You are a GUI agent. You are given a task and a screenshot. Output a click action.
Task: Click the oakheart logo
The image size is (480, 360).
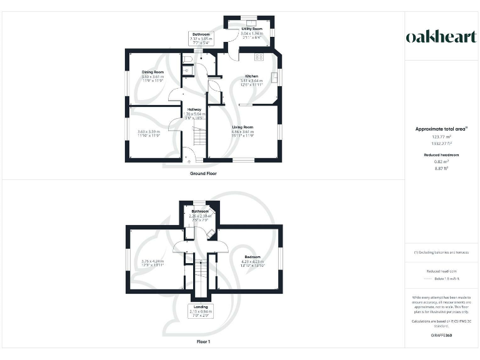point(441,37)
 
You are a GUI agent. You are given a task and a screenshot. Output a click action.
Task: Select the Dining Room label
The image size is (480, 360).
point(152,72)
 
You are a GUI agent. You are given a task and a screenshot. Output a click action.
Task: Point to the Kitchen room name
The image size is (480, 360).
point(251,76)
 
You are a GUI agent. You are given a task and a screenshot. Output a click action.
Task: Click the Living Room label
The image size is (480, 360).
point(242,127)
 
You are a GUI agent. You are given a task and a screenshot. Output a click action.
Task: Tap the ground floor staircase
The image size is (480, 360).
point(198,136)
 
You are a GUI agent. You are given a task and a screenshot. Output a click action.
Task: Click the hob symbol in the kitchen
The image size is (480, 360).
point(259,57)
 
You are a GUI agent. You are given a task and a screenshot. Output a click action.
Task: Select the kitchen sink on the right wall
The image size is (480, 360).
point(274,77)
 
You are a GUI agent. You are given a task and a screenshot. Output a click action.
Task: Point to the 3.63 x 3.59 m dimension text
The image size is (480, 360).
point(149,132)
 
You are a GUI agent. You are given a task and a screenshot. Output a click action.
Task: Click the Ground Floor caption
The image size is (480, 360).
point(203,173)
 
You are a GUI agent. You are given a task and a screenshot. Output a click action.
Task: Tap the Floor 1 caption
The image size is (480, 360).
point(203,342)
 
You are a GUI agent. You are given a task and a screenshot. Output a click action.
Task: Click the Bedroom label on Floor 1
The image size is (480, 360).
point(252,257)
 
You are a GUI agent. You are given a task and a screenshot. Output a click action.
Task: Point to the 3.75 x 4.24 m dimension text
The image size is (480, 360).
point(152,261)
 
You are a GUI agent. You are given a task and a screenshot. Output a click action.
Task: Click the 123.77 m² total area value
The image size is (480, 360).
point(441,136)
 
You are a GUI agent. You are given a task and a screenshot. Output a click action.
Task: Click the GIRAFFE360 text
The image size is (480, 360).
point(441,336)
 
